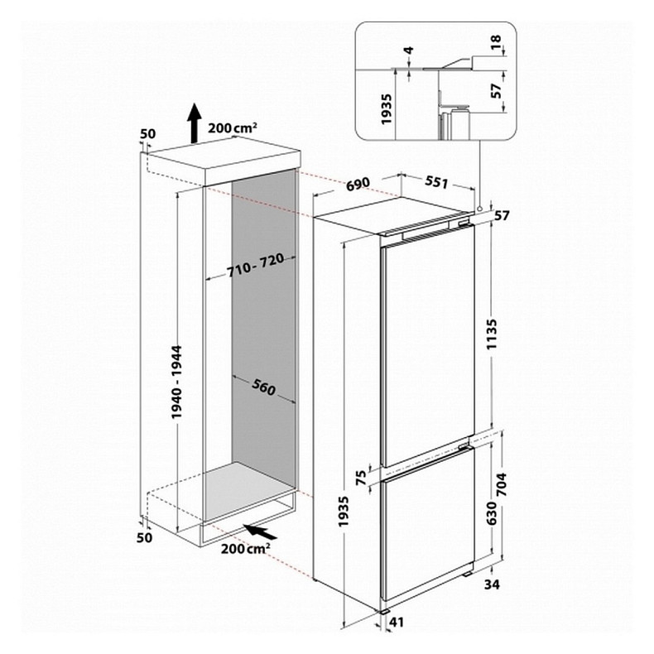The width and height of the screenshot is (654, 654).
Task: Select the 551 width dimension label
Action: [437, 182]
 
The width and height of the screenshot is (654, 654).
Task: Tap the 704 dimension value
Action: [501, 483]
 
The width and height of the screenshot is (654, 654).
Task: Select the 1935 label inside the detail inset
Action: [386, 108]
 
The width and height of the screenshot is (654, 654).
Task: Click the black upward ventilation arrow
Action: [192, 123]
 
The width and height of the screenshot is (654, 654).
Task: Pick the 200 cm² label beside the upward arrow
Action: [233, 127]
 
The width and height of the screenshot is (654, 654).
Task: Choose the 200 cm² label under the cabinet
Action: [246, 551]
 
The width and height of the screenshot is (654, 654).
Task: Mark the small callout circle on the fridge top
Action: [479, 207]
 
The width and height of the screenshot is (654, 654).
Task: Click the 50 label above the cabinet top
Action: [148, 133]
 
